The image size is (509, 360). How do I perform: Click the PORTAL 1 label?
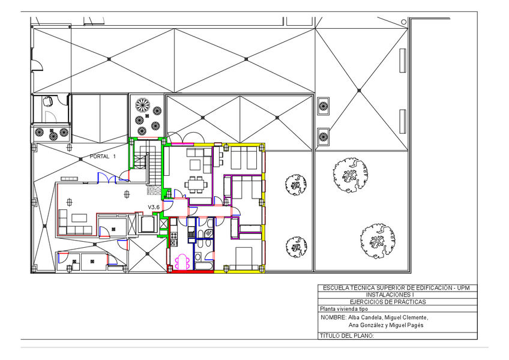pyautogui.click(x=103, y=157)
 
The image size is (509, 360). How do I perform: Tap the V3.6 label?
pyautogui.click(x=154, y=207)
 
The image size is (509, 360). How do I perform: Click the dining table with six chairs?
pyautogui.click(x=196, y=184)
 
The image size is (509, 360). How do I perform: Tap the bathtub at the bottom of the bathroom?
pyautogui.click(x=204, y=266)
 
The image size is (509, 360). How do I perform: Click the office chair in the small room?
pyautogui.click(x=49, y=101)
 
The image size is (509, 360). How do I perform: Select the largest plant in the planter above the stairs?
pyautogui.click(x=142, y=105)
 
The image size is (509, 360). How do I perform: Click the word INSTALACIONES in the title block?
pyautogui.click(x=388, y=295)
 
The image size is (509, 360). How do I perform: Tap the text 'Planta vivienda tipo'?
pyautogui.click(x=344, y=309)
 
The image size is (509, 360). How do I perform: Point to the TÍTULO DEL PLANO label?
pyautogui.click(x=347, y=335)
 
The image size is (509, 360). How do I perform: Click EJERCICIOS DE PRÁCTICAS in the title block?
pyautogui.click(x=388, y=302)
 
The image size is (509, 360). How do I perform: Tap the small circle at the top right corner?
pyautogui.click(x=403, y=22)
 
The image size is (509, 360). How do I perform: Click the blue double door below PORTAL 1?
pyautogui.click(x=107, y=178)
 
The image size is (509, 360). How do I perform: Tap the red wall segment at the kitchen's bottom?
pyautogui.click(x=190, y=271)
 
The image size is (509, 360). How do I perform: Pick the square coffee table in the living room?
pyautogui.click(x=196, y=164)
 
